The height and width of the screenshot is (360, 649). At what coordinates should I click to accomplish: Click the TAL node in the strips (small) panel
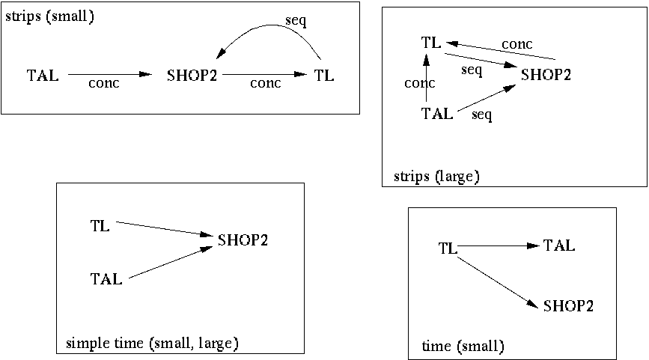pyautogui.click(x=43, y=76)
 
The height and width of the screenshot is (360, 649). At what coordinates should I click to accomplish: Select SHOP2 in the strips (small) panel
pyautogui.click(x=191, y=76)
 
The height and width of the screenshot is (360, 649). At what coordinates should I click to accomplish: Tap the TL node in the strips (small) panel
pyautogui.click(x=323, y=76)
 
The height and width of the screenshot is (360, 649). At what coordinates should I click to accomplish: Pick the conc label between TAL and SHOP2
pyautogui.click(x=103, y=84)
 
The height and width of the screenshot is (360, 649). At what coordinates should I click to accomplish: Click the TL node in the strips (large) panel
pyautogui.click(x=431, y=43)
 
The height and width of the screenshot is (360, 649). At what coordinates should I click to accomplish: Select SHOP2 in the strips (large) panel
pyautogui.click(x=546, y=75)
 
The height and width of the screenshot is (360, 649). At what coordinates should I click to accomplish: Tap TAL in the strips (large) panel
pyautogui.click(x=437, y=114)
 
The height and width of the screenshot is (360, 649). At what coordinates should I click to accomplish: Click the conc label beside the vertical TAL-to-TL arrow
pyautogui.click(x=419, y=83)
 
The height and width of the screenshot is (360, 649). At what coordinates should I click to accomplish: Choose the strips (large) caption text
pyautogui.click(x=436, y=177)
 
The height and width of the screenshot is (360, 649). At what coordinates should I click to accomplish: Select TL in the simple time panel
pyautogui.click(x=100, y=225)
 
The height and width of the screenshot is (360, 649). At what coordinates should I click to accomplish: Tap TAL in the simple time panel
pyautogui.click(x=106, y=279)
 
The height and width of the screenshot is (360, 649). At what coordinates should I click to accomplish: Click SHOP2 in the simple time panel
pyautogui.click(x=243, y=240)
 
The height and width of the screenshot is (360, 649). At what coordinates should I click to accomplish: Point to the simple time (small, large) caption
pyautogui.click(x=152, y=344)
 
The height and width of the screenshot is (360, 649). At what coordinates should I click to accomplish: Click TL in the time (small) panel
pyautogui.click(x=447, y=248)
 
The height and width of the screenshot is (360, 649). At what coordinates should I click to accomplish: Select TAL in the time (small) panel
pyautogui.click(x=559, y=245)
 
